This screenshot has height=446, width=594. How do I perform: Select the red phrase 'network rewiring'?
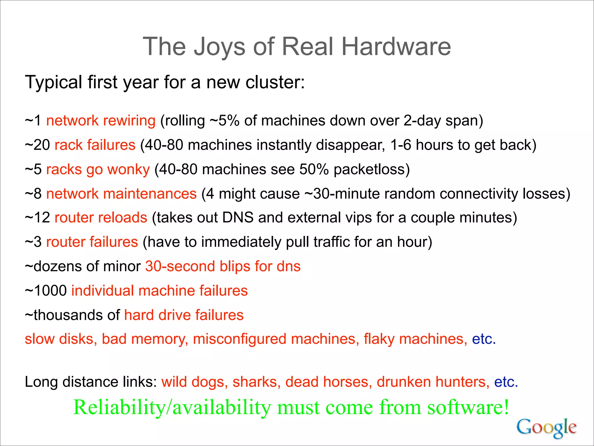coord(101,121)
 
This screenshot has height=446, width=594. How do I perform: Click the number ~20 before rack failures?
coord(37,145)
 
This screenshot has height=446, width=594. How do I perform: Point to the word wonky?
coord(128,169)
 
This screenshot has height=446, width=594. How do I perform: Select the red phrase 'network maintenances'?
coord(121,194)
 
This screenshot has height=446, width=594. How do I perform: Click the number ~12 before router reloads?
coord(37,218)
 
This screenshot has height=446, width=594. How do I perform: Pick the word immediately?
coord(241,242)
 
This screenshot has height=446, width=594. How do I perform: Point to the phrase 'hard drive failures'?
coord(184,315)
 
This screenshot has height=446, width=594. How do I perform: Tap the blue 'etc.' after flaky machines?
coord(483,339)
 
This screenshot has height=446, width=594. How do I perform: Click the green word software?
coord(468,407)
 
